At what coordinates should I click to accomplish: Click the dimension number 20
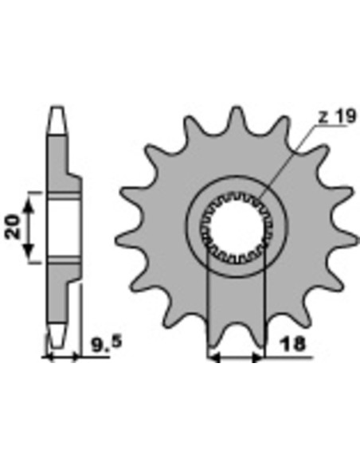coord(14,227)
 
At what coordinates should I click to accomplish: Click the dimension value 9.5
coord(107,344)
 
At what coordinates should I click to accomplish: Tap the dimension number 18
coord(293,343)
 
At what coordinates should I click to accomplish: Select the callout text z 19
coord(337,115)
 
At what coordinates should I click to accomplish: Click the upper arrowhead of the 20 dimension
coord(29,205)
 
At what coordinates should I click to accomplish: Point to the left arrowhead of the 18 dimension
coord(214,358)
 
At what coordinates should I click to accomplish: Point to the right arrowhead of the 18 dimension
coord(257,358)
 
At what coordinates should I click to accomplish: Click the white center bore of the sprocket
coord(237,228)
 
